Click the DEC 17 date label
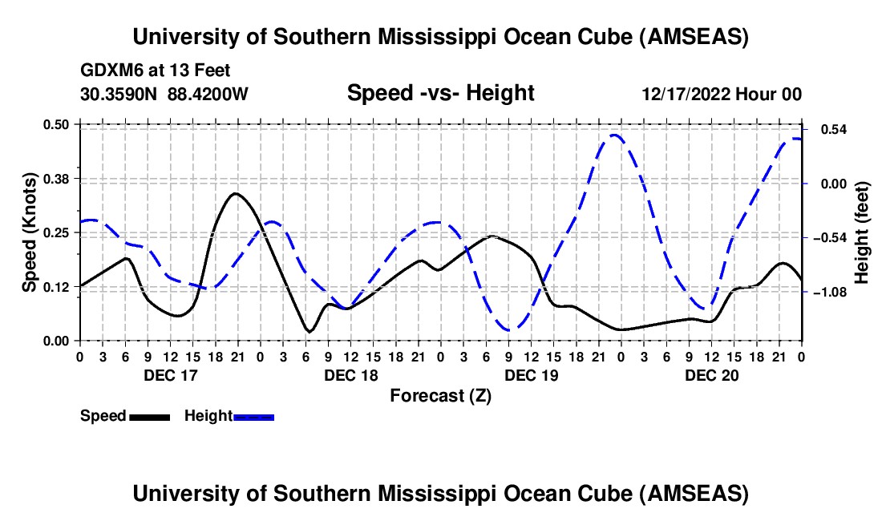[170, 375]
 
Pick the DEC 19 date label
[532, 375]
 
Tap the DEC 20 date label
[711, 375]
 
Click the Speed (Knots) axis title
[30, 232]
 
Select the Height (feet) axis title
[862, 232]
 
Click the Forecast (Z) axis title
[440, 395]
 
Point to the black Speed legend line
[149, 416]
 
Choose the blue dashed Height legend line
[254, 416]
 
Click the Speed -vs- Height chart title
[440, 94]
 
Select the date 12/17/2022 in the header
[686, 94]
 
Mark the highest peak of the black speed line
[234, 193]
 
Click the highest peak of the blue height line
[614, 135]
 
